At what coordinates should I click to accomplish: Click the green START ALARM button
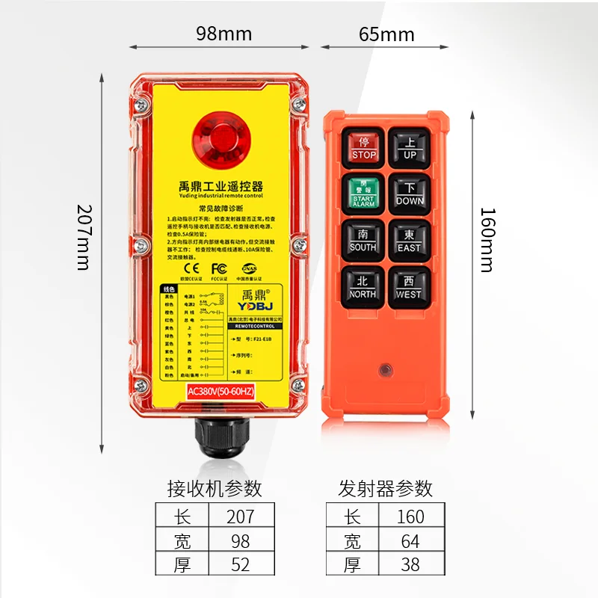click(x=364, y=193)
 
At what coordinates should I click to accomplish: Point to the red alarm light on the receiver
click(x=221, y=139)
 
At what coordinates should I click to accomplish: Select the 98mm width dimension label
click(x=224, y=34)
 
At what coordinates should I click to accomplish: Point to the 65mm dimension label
click(x=386, y=34)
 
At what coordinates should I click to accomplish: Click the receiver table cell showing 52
click(x=240, y=564)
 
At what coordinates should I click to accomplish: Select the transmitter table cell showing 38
click(x=410, y=564)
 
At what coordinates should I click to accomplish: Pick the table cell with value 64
click(x=410, y=540)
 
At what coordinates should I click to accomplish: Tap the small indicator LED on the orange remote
click(x=386, y=369)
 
